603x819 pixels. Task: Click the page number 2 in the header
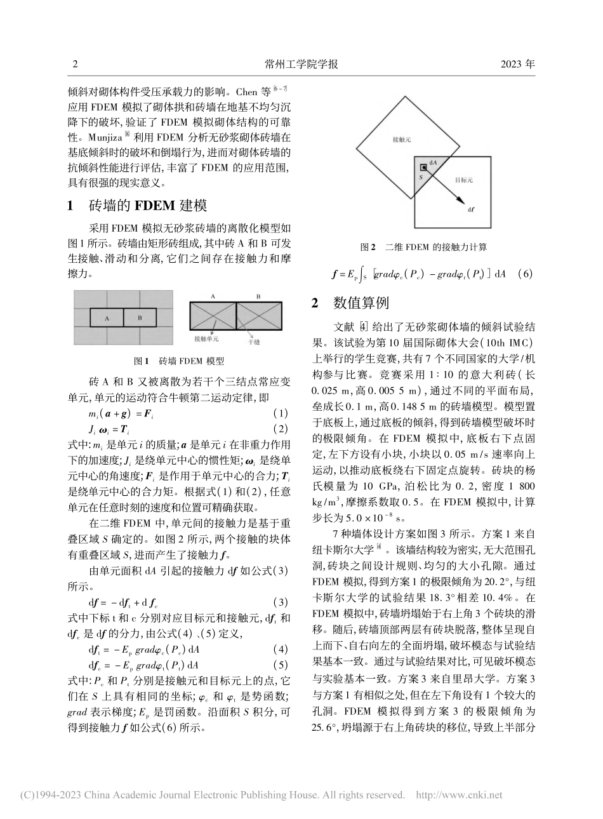(76, 64)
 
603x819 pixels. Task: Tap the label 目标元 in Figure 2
(464, 180)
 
